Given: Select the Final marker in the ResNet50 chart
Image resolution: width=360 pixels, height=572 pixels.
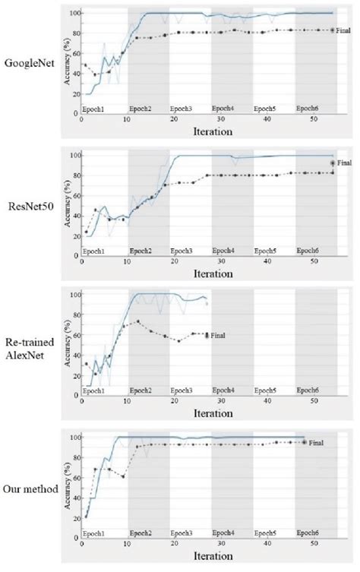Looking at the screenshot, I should [332, 163].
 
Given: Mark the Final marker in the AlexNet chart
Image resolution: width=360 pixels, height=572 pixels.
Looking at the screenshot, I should [208, 335].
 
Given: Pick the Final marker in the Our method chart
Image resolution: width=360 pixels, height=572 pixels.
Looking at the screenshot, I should [305, 441].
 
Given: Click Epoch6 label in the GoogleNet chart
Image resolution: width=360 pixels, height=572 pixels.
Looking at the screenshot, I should [307, 107].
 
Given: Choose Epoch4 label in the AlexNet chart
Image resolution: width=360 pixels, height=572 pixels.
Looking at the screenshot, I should [223, 390].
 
